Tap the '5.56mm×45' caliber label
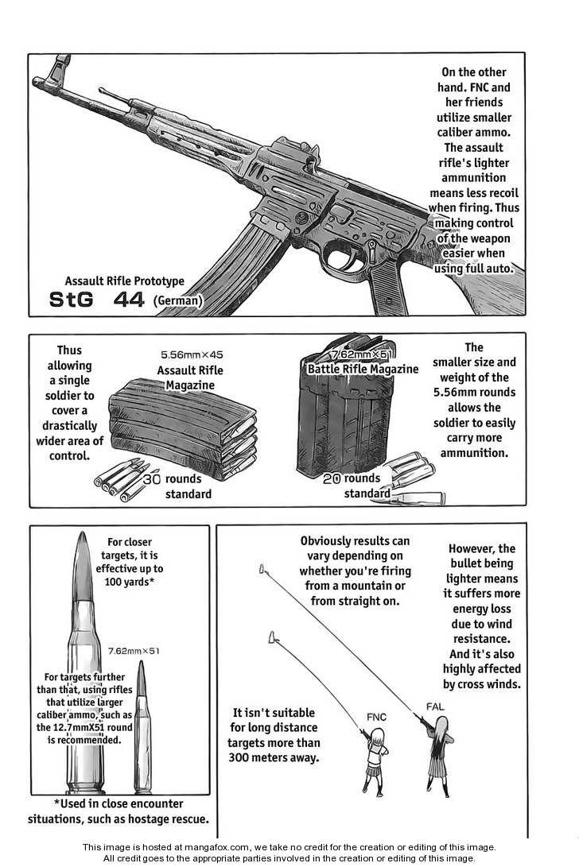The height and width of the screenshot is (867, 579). click(x=192, y=355)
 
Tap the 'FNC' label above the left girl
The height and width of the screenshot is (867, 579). click(x=376, y=717)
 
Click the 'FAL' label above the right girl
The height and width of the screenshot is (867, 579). click(x=436, y=706)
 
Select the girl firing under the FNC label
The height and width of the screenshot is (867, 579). click(x=375, y=755)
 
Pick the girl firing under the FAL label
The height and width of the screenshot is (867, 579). click(x=439, y=751)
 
